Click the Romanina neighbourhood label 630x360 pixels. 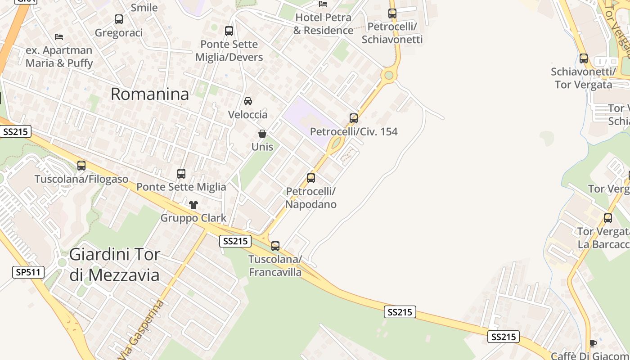click(x=149, y=94)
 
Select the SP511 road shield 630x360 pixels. click(x=28, y=272)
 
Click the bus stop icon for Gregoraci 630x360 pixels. click(x=119, y=19)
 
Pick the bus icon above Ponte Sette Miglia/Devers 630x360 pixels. click(x=229, y=31)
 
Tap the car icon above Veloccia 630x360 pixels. click(x=248, y=101)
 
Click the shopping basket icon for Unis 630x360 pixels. click(x=262, y=134)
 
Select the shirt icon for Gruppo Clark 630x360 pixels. click(x=193, y=205)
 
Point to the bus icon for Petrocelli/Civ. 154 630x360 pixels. click(x=354, y=118)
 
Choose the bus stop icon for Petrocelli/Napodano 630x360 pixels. click(x=311, y=178)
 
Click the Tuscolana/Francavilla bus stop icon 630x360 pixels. click(x=275, y=246)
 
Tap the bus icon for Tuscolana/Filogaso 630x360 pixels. click(x=81, y=166)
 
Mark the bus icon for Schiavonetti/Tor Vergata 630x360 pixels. click(x=584, y=58)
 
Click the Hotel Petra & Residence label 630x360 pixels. click(x=323, y=24)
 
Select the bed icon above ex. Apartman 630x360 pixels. click(x=59, y=37)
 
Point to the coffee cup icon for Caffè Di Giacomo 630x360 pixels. click(x=593, y=343)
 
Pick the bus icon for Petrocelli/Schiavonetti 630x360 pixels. click(x=392, y=13)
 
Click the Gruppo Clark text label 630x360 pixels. click(x=193, y=218)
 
